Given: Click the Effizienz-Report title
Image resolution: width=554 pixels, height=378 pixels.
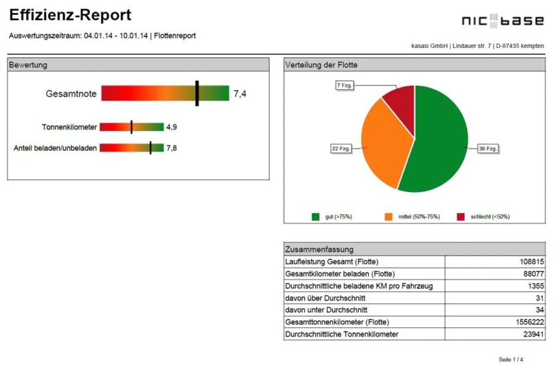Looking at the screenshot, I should coord(70,15).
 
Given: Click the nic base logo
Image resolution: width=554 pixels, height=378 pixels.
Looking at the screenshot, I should coord(503,20).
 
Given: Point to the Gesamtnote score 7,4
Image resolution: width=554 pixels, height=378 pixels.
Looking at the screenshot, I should coord(240,94).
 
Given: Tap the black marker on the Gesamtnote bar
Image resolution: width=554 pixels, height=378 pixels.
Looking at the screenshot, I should coord(197,93).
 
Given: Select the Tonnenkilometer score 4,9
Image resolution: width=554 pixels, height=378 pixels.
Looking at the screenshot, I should coord(171,127).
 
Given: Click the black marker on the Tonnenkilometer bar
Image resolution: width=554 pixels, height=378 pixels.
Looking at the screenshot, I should coord(132,127).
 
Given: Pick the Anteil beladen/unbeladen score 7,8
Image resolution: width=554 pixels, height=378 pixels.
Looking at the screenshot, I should coord(171,148).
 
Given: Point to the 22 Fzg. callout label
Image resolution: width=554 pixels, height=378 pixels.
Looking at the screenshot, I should coord(341,149).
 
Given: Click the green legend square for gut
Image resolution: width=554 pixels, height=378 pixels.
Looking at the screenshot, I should coord(316,216).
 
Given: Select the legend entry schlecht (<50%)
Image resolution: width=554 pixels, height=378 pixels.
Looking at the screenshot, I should coord(490,216).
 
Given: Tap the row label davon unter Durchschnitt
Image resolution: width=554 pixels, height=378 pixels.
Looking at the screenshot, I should coord(326,310).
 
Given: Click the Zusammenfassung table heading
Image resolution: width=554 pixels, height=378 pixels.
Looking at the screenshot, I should coord(319,250).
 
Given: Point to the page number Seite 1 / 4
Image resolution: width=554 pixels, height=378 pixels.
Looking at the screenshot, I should coord(511,360).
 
